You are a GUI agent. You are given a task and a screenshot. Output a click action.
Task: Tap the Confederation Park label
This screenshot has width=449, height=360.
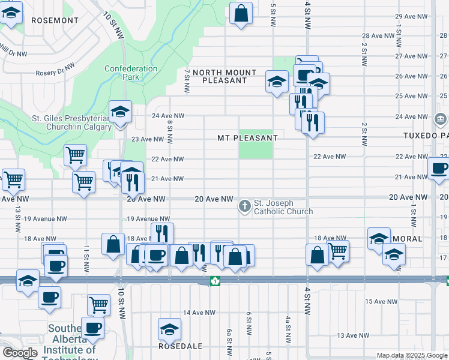point(131,73)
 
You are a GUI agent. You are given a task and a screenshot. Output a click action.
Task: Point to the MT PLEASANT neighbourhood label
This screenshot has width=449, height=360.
point(247,138)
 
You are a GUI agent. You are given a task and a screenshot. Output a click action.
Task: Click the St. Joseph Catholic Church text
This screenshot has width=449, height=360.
point(283,207)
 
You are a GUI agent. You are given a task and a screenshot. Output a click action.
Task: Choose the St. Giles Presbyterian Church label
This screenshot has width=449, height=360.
point(71,123)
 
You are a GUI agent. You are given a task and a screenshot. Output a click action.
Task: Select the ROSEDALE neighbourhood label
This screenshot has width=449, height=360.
point(180,346)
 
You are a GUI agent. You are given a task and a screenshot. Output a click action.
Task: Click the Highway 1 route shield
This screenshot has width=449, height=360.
point(215,281)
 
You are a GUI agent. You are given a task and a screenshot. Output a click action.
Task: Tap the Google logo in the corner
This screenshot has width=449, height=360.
point(20,353)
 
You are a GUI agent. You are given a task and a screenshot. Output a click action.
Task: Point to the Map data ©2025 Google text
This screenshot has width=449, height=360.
point(412,355)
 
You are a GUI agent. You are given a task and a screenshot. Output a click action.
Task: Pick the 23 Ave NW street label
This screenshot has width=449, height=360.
point(148,139)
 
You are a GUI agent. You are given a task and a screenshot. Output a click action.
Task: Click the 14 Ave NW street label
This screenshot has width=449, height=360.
point(199,313)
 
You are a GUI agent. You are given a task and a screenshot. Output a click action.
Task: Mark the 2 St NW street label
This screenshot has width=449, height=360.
point(364,136)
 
